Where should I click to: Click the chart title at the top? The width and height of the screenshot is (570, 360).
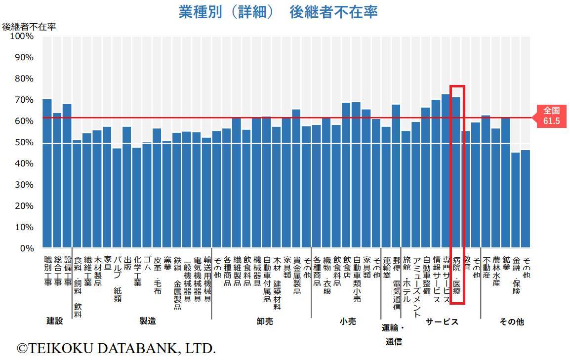[x=278, y=12]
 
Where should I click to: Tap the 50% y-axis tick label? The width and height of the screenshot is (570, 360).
[x=24, y=143]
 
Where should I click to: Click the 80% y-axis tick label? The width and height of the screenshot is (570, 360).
[x=24, y=79]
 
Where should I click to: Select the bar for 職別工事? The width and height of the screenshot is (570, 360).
[x=47, y=173]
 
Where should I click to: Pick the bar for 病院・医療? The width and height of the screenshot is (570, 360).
[x=456, y=173]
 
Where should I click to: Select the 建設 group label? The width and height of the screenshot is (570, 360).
[x=55, y=321]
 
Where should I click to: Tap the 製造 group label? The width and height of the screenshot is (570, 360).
[x=148, y=321]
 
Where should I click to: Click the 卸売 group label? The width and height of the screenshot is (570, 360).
[x=264, y=321]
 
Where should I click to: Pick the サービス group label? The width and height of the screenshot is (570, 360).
[x=442, y=322]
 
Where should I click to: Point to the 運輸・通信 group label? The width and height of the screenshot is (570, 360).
[x=393, y=334]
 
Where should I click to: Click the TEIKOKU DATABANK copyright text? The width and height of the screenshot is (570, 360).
[x=117, y=348]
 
